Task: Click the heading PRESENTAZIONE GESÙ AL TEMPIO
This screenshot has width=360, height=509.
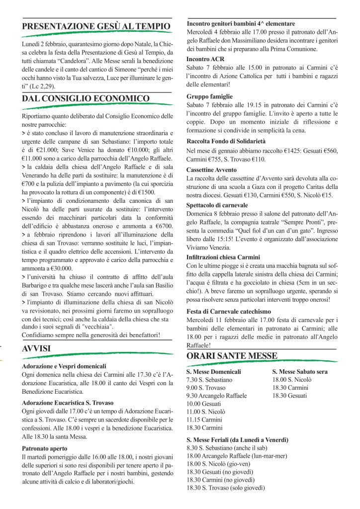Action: (96, 26)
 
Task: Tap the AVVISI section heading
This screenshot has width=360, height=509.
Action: (36, 349)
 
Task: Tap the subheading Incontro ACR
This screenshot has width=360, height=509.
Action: (205, 59)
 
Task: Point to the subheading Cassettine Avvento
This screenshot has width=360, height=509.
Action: (212, 170)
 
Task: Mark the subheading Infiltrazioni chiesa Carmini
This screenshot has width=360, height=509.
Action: (223, 257)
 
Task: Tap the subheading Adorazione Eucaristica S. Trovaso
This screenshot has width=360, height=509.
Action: (68, 403)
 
